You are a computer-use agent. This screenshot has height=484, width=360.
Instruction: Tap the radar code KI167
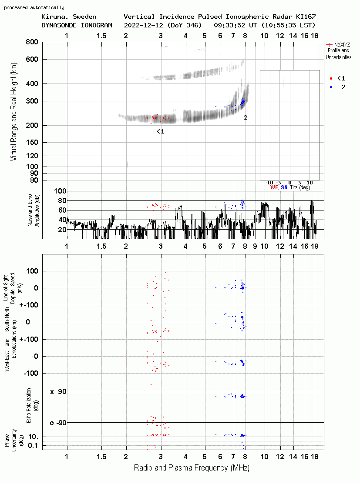point(306,17)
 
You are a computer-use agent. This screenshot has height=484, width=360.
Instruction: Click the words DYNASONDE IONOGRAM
point(77,25)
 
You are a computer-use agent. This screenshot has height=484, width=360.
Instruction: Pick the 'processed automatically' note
point(34,7)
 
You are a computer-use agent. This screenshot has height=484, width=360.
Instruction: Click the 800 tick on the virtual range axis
point(32,42)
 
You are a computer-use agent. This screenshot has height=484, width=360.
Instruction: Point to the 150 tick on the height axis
point(32,142)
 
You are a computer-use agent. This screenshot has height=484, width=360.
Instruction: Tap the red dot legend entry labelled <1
point(337,78)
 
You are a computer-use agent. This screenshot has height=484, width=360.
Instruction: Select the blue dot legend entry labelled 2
point(337,87)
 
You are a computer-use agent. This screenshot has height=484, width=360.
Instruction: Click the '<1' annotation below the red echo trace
point(160,131)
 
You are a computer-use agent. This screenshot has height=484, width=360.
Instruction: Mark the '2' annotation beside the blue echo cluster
point(246,117)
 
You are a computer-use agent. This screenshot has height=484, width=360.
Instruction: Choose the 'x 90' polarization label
point(58,392)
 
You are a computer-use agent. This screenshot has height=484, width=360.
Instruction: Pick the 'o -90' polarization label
point(58,423)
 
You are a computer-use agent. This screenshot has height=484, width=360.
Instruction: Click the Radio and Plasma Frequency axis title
point(192,467)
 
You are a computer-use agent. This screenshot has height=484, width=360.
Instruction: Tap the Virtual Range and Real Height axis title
point(13,112)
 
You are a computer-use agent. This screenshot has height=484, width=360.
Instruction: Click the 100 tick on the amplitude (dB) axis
point(60,191)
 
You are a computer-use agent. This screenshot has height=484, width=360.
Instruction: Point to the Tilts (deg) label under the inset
point(300,187)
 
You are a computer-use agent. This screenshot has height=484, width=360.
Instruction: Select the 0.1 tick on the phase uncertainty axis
point(33,445)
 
